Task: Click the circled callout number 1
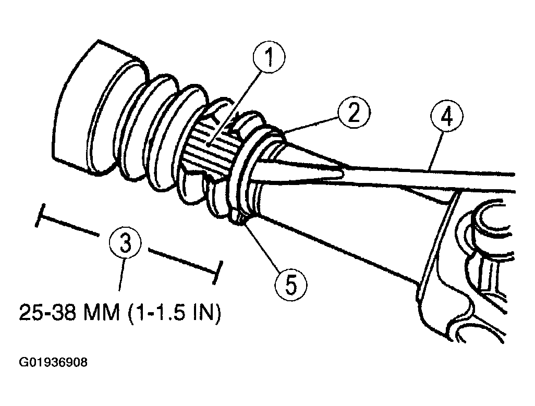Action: pyautogui.click(x=269, y=57)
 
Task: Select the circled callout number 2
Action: pyautogui.click(x=354, y=113)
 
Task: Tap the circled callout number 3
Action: pyautogui.click(x=125, y=243)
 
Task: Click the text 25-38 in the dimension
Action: pyautogui.click(x=47, y=312)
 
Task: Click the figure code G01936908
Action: pyautogui.click(x=53, y=362)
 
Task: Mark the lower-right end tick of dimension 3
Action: pyautogui.click(x=217, y=273)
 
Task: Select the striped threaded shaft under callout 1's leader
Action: pyautogui.click(x=208, y=145)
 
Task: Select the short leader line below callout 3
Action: pyautogui.click(x=121, y=275)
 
